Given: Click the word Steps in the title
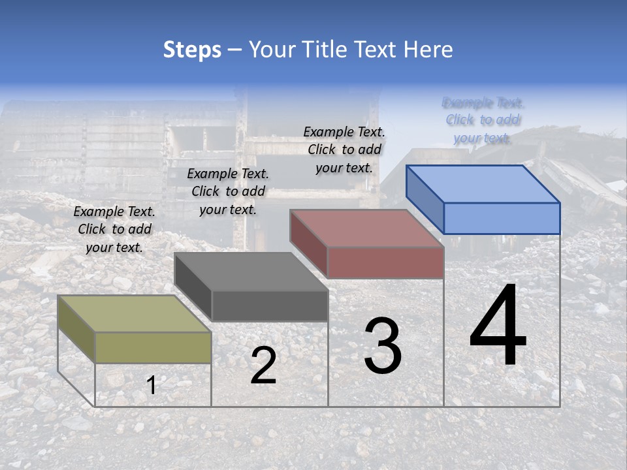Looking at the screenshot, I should coord(192,50).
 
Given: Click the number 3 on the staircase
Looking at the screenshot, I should coord(382,346).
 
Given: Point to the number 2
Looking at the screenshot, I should coord(263,366).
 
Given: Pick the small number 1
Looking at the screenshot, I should coord(152,385).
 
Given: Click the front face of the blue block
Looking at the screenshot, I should coord(502,218).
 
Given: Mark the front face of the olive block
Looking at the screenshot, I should coord(153,347).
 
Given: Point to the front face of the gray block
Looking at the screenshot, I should coord(270,305).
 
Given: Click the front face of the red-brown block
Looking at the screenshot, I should coord(385,262).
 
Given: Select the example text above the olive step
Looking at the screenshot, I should coord(114,229).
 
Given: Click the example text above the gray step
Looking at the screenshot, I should coord(228,191).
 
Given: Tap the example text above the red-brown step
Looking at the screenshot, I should coord(344,149).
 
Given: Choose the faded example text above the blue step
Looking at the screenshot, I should coord(483,120).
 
